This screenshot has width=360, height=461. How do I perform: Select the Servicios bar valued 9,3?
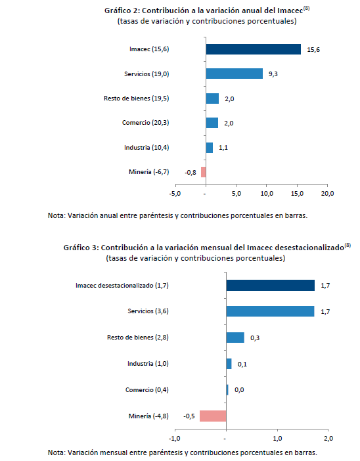pos(234,74)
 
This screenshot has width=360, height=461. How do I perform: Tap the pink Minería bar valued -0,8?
pos(203,172)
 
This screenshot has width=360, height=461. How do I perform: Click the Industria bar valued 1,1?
pos(209,148)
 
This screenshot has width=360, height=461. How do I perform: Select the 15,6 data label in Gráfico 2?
pos(313,50)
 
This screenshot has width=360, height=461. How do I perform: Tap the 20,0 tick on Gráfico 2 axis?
pos(327,194)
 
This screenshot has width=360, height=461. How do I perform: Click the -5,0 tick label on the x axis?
pos(175,194)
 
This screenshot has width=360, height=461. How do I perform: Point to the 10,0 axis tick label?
pos(267,194)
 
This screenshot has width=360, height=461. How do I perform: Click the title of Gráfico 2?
pos(207,11)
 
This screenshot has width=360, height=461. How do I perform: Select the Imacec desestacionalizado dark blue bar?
pos(270,285)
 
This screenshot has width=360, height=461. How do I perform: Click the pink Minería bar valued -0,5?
pos(213,416)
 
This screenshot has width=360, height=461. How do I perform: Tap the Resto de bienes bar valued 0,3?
pos(235,338)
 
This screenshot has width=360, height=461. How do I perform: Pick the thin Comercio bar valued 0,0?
pos(227,390)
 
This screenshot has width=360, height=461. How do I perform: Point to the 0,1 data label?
pos(242,364)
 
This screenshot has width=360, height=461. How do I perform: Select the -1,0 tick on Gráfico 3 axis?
pos(174,439)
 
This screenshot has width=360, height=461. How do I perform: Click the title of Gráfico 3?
pos(207,248)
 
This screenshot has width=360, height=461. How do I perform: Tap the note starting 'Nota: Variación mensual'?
pos(183,452)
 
